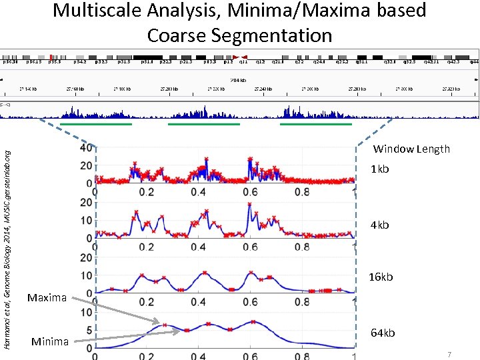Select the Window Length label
[411, 149]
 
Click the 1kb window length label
[379, 169]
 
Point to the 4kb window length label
[379, 225]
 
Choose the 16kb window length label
[381, 277]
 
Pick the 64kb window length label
[383, 333]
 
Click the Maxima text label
[47, 297]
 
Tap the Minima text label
[50, 342]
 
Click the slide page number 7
[450, 355]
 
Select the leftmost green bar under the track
[96, 123]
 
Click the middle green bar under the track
[203, 123]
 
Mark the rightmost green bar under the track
[316, 123]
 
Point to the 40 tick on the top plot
[86, 147]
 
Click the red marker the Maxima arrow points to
[165, 325]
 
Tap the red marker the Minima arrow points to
[187, 331]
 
